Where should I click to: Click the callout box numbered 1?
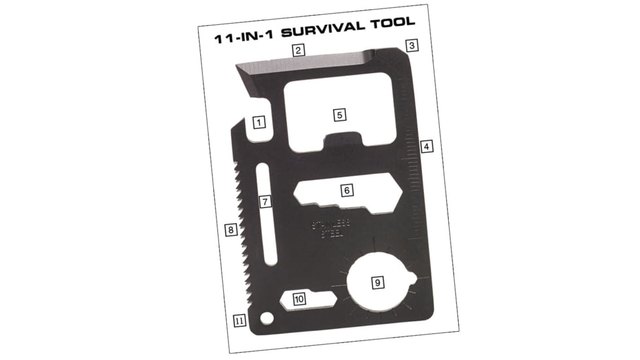258,122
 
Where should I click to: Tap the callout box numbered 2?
298,50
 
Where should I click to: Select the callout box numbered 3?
412,45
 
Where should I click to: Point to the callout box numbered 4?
427,147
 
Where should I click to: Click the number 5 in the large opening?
339,115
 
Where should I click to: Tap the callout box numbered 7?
264,202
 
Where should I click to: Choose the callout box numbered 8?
230,230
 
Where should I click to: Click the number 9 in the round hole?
377,283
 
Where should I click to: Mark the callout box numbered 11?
240,321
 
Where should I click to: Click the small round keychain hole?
266,318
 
